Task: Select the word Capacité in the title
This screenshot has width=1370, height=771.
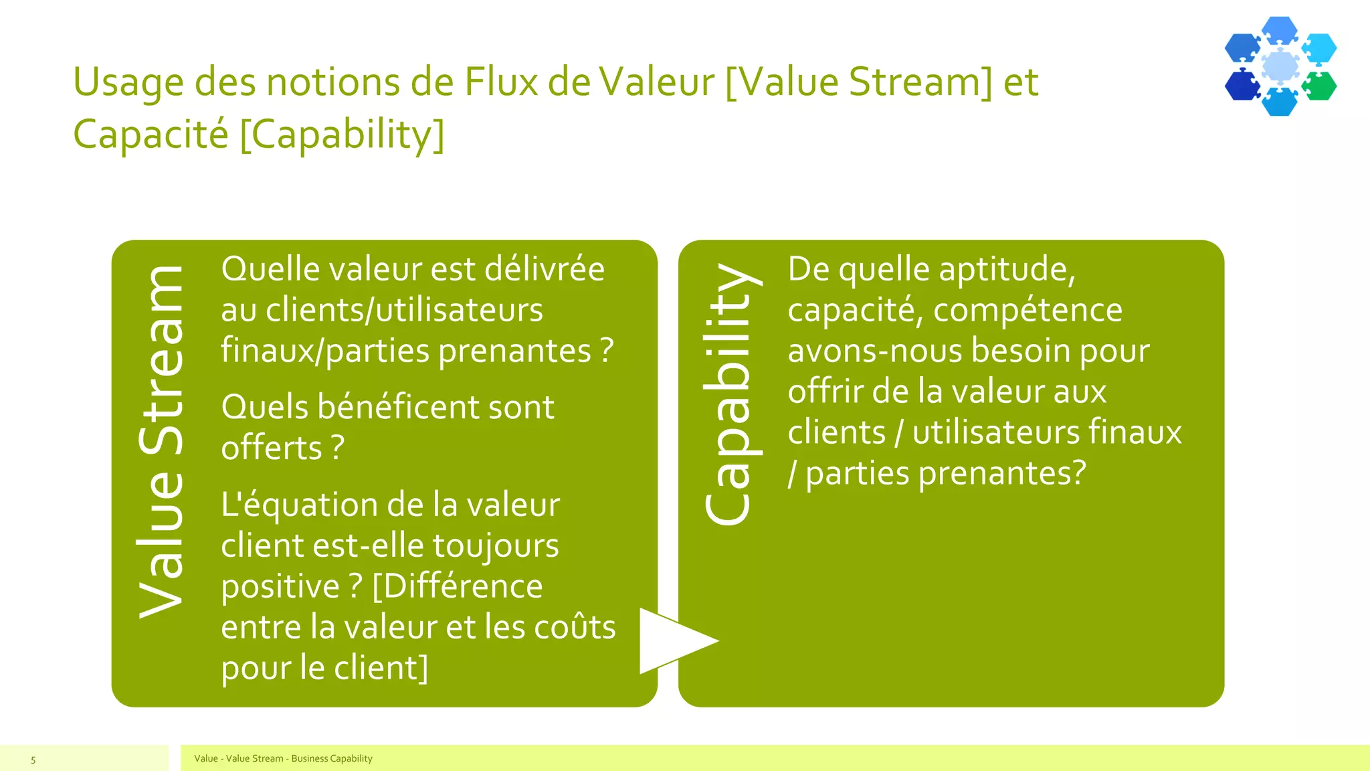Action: coord(151,134)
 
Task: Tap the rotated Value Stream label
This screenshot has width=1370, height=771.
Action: coord(161,442)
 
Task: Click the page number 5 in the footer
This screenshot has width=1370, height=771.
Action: coord(33,760)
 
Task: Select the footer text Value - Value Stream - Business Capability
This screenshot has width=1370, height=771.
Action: coord(283,758)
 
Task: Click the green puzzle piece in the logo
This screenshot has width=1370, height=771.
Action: coord(1320,86)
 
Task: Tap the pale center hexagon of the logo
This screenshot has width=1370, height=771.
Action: coord(1280,66)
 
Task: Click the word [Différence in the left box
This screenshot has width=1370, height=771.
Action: coord(458,586)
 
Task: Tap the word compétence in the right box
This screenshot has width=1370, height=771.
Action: coord(1027,311)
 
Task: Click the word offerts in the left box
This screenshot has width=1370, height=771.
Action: coord(272,448)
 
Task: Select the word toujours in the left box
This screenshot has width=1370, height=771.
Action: coord(496,545)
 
